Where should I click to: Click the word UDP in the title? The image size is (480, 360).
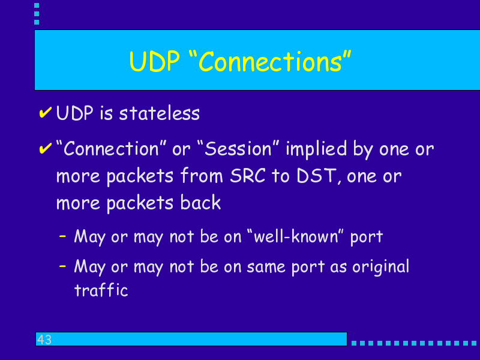154,62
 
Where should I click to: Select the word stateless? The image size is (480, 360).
159,113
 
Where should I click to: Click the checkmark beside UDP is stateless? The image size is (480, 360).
46,112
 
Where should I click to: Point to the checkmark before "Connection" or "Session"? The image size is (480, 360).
46,148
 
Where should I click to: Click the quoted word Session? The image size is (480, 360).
238,149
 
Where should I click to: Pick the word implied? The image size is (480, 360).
316,149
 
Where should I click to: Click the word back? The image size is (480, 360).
200,202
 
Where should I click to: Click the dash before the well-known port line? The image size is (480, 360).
62,236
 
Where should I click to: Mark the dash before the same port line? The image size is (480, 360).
62,266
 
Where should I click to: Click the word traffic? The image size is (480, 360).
101,290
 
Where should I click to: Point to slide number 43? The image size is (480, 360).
44,340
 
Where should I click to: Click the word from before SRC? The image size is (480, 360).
202,176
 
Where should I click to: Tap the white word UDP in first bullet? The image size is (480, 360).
74,113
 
